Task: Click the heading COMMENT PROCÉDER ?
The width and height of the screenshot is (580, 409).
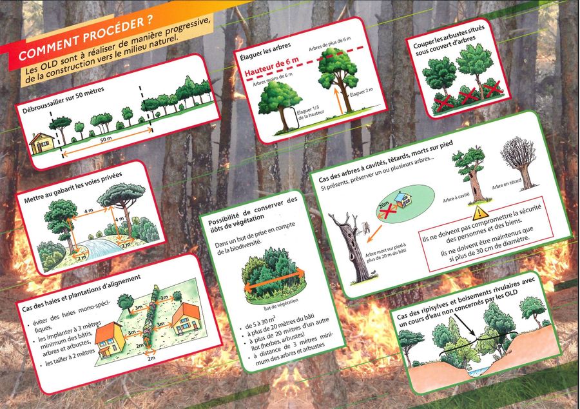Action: (85, 38)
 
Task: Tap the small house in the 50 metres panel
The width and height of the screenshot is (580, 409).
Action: (41, 143)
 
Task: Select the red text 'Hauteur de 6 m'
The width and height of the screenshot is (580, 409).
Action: (272, 66)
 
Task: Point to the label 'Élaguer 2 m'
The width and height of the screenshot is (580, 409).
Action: (362, 92)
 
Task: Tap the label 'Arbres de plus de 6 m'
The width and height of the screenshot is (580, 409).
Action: (330, 44)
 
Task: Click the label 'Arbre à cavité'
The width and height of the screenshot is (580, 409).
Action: (456, 198)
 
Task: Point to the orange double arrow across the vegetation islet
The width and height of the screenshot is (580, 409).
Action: (274, 279)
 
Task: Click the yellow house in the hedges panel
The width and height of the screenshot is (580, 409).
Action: (110, 340)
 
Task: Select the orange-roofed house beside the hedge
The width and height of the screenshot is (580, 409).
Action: (186, 318)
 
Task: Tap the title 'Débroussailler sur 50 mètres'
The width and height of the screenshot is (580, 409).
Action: (63, 100)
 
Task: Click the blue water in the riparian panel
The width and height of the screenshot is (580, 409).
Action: (476, 370)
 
